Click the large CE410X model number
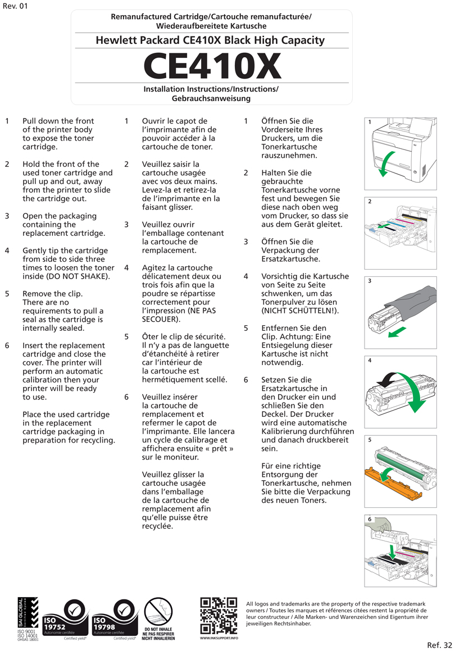[212, 66]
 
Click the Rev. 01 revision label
[15, 6]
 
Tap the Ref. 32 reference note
[439, 644]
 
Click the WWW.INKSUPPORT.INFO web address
[219, 638]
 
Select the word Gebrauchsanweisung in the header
[211, 98]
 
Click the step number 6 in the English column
[7, 345]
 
